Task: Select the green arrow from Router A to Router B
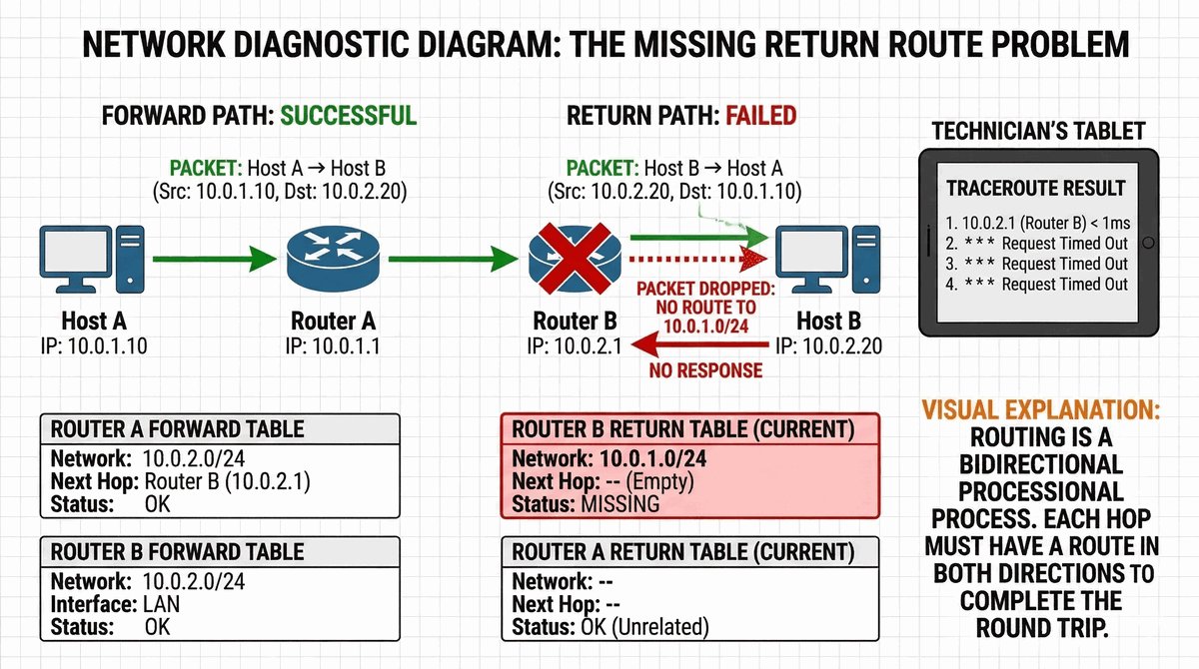(x=455, y=262)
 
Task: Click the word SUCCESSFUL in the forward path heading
(x=348, y=116)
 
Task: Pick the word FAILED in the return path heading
(x=760, y=116)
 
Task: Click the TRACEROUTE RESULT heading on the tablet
(x=1035, y=188)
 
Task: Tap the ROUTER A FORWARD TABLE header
(x=178, y=430)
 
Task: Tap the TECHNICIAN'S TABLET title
(x=1038, y=131)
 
